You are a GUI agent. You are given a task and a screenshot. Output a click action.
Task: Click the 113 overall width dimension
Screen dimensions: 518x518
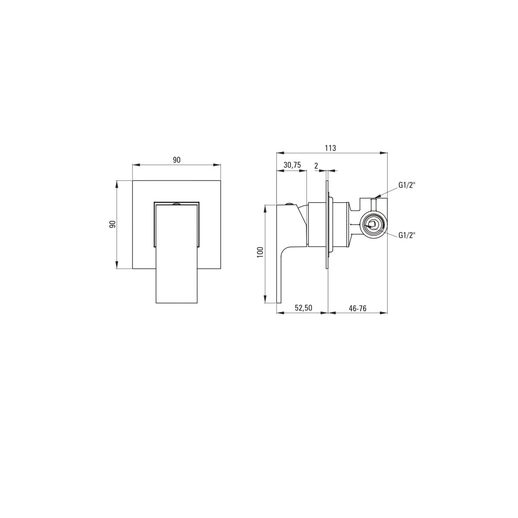tap(330, 148)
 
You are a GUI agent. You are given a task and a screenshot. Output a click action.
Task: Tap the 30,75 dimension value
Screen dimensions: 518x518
tap(292, 165)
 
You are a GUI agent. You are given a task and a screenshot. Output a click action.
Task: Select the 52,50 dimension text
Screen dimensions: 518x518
tap(303, 308)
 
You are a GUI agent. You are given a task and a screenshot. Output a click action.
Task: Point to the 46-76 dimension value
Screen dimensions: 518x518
tap(357, 308)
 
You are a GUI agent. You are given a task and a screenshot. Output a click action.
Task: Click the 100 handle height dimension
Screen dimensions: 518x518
tap(260, 253)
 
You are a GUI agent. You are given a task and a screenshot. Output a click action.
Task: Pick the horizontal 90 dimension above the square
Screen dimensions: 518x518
tap(177, 160)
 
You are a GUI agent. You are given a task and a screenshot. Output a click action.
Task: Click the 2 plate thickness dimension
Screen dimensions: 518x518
tap(316, 166)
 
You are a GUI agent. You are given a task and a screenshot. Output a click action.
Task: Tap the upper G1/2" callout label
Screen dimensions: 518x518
tap(407, 185)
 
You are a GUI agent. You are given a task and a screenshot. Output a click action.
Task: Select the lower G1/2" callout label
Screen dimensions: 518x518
tap(407, 235)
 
